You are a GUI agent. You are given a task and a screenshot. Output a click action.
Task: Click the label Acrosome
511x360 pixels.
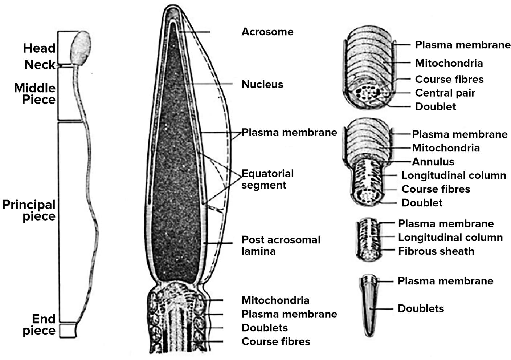click(x=267, y=32)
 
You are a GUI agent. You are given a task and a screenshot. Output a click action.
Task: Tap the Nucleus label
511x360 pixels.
click(x=262, y=84)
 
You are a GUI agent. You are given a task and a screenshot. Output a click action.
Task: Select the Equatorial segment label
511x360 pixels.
click(x=267, y=179)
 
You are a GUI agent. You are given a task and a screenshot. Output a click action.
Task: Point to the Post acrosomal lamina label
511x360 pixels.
click(x=281, y=245)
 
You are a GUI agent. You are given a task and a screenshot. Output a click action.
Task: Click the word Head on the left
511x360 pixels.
click(x=39, y=48)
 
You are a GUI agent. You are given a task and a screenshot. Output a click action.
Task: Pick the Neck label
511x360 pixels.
click(x=40, y=65)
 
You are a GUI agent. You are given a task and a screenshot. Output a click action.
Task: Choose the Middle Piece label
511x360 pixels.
click(x=34, y=94)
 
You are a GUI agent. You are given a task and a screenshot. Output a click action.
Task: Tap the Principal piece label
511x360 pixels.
click(x=29, y=210)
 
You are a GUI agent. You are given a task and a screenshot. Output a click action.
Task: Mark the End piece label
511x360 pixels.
click(x=39, y=325)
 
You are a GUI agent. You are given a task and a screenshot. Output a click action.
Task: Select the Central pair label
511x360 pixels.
click(x=445, y=93)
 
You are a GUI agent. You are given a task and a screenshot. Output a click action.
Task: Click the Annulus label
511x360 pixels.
click(x=433, y=162)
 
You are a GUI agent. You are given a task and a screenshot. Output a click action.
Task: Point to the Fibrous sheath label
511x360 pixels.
click(x=436, y=251)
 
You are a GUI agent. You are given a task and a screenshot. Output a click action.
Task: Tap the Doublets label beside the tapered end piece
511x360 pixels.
click(x=421, y=308)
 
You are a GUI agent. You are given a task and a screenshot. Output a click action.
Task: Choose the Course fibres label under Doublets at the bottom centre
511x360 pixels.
click(x=275, y=341)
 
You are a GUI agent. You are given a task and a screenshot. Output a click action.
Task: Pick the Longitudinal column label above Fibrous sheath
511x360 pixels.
click(x=450, y=238)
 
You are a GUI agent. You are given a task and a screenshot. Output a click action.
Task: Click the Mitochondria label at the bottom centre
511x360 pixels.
click(x=275, y=300)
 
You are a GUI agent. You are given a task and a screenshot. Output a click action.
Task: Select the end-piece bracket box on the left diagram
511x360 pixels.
click(x=68, y=330)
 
